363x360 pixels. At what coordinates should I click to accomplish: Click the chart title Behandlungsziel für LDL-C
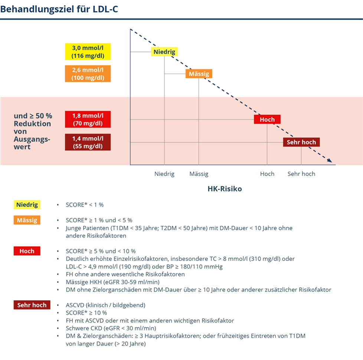tap(59, 9)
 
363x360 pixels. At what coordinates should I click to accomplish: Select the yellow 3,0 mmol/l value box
tap(88, 52)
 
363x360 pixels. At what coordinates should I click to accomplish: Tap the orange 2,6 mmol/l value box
tap(88, 73)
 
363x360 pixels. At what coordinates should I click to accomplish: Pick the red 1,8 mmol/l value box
tap(88, 119)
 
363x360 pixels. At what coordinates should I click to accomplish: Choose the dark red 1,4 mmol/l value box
tap(88, 142)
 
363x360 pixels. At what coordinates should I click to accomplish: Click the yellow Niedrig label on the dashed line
tap(164, 52)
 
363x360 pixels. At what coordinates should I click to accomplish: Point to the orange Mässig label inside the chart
tap(199, 73)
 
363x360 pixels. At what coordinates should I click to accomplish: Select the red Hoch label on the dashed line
tap(267, 119)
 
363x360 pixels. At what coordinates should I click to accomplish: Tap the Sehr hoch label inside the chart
tap(301, 142)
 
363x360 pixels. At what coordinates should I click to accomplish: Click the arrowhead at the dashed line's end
tap(330, 160)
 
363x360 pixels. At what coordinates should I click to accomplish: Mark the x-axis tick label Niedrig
tap(164, 174)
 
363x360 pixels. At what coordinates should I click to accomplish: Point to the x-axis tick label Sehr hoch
tap(301, 174)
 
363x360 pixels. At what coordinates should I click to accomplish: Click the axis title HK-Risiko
tap(225, 189)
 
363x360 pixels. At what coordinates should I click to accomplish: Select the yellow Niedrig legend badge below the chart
tap(27, 204)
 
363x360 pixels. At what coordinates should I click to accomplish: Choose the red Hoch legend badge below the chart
tap(27, 251)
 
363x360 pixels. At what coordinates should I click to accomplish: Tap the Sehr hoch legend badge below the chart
tap(32, 305)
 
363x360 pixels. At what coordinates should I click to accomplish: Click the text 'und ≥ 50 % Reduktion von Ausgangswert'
tap(33, 131)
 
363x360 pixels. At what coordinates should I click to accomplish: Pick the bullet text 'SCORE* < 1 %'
tap(85, 204)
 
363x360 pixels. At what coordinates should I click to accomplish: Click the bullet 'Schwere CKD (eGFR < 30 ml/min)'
tap(111, 328)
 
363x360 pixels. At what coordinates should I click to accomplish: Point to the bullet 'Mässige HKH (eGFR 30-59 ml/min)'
tap(113, 282)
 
